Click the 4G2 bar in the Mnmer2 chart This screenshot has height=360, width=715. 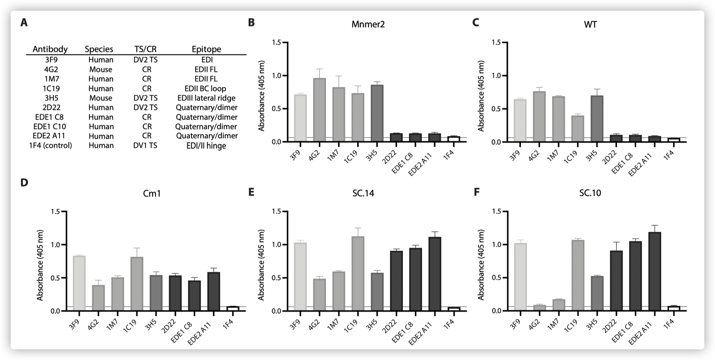pyautogui.click(x=319, y=110)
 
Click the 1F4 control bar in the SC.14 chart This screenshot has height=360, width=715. pyautogui.click(x=454, y=309)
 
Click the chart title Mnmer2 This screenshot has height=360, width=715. pyautogui.click(x=368, y=24)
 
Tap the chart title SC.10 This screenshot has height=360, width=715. pyautogui.click(x=590, y=193)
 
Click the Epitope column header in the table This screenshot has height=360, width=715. pyautogui.click(x=206, y=49)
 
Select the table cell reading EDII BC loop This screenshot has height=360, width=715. pyautogui.click(x=205, y=89)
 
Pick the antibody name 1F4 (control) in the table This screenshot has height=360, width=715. pyautogui.click(x=51, y=146)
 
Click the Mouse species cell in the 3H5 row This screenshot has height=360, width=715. pyautogui.click(x=101, y=98)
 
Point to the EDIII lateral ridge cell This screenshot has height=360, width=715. pyautogui.click(x=206, y=98)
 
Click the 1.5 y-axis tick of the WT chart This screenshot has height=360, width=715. pyautogui.click(x=497, y=42)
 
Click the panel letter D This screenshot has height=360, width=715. pyautogui.click(x=24, y=182)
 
